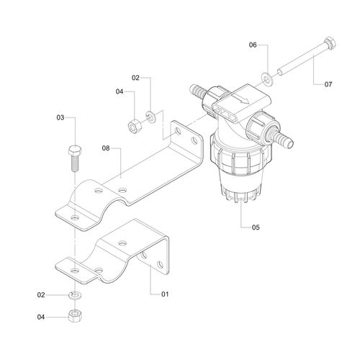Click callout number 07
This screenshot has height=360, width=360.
pyautogui.click(x=328, y=84)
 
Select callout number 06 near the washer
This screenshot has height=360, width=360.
pyautogui.click(x=253, y=45)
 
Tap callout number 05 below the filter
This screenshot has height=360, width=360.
pyautogui.click(x=256, y=227)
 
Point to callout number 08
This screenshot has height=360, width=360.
pyautogui.click(x=106, y=148)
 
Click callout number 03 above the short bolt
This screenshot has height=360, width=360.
pyautogui.click(x=60, y=117)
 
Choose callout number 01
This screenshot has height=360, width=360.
pyautogui.click(x=165, y=294)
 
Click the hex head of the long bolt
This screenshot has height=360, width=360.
pyautogui.click(x=330, y=43)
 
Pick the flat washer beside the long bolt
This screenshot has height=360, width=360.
pyautogui.click(x=266, y=78)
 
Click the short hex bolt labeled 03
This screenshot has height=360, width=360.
pyautogui.click(x=75, y=158)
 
